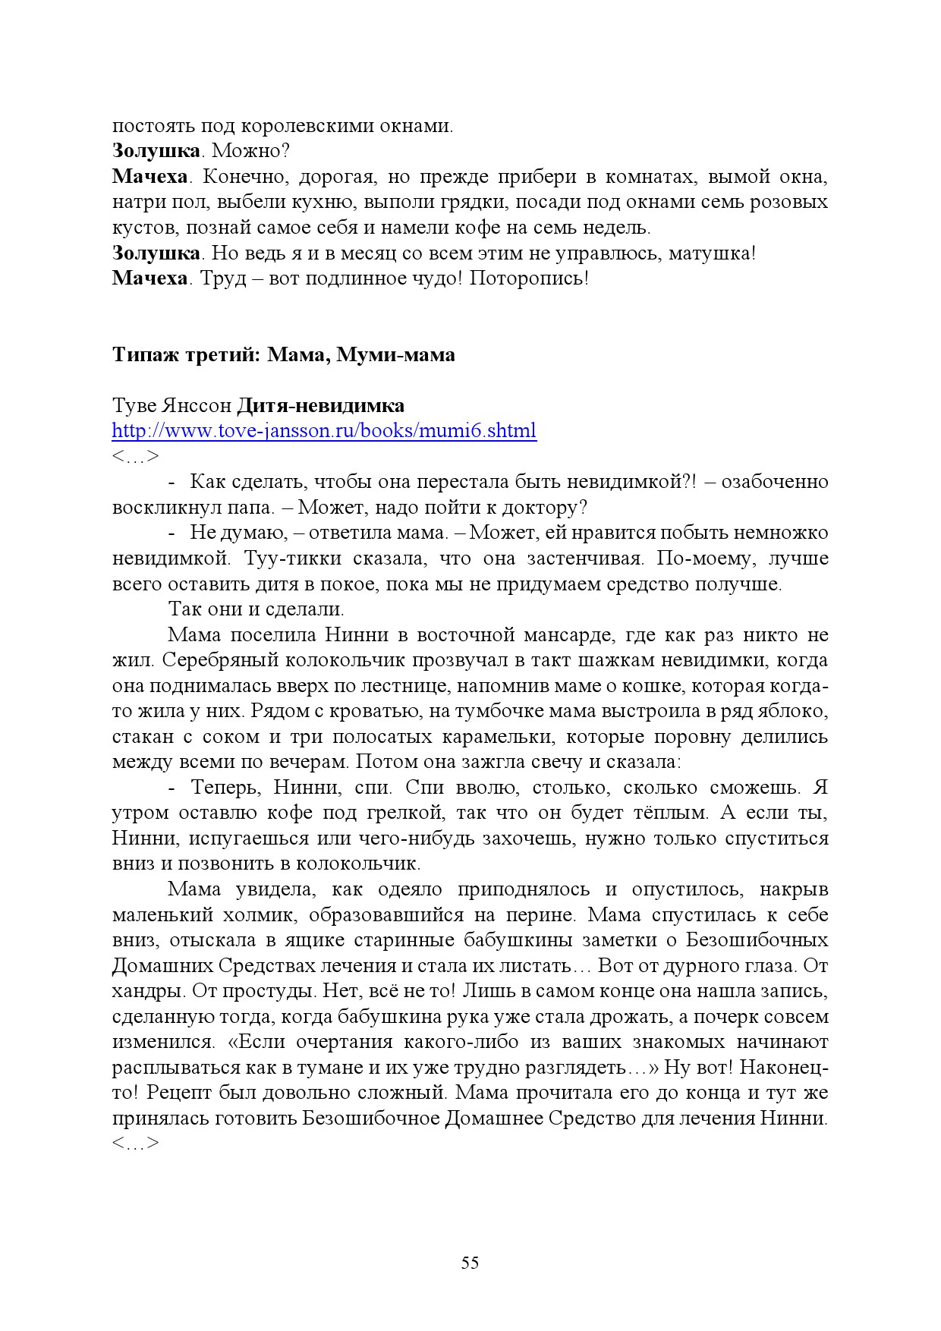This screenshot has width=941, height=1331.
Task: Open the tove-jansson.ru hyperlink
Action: point(324,431)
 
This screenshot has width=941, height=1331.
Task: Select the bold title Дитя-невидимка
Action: point(321,406)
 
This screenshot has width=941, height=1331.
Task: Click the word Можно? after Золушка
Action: point(252,151)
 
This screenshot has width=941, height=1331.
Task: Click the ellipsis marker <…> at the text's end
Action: point(136,1144)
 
